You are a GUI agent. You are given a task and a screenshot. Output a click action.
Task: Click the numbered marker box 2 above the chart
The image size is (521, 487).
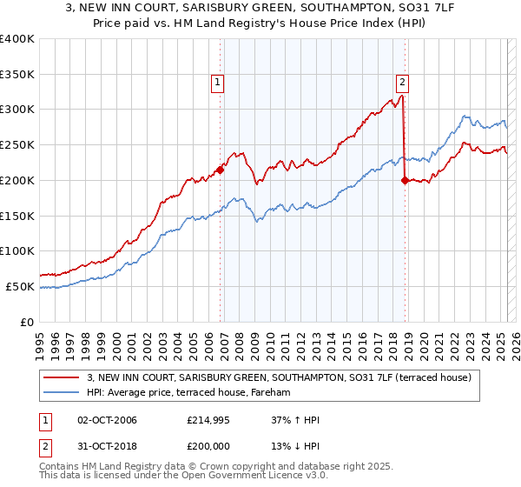click(403, 83)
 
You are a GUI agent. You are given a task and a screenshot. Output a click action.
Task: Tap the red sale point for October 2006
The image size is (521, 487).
click(221, 170)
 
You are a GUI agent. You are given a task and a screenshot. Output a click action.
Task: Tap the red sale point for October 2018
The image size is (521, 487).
click(406, 180)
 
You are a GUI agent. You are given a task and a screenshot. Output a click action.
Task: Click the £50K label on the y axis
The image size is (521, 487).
click(21, 286)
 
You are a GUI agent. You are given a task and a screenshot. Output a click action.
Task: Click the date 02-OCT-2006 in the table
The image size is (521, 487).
click(108, 420)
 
